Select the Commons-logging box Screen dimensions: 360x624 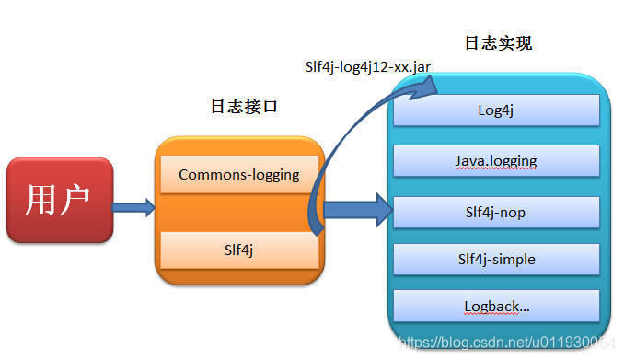(239, 174)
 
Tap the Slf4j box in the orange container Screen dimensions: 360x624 (239, 249)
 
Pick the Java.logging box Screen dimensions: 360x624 (496, 160)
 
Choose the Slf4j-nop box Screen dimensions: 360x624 (496, 212)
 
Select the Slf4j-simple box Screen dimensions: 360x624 (496, 259)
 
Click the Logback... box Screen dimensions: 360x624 (496, 306)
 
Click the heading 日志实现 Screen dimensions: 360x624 (499, 43)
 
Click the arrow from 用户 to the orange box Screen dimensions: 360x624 (133, 207)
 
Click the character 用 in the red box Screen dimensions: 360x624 (41, 200)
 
